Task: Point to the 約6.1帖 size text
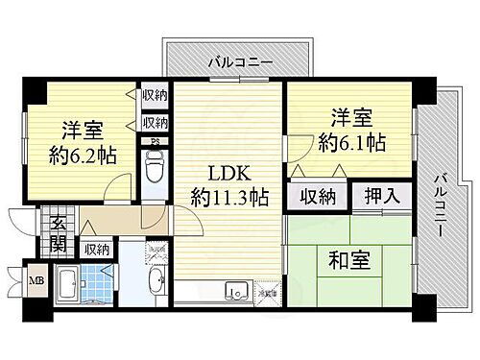pos(354,143)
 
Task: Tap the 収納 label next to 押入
pos(315,197)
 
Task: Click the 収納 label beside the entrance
pos(97,249)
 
